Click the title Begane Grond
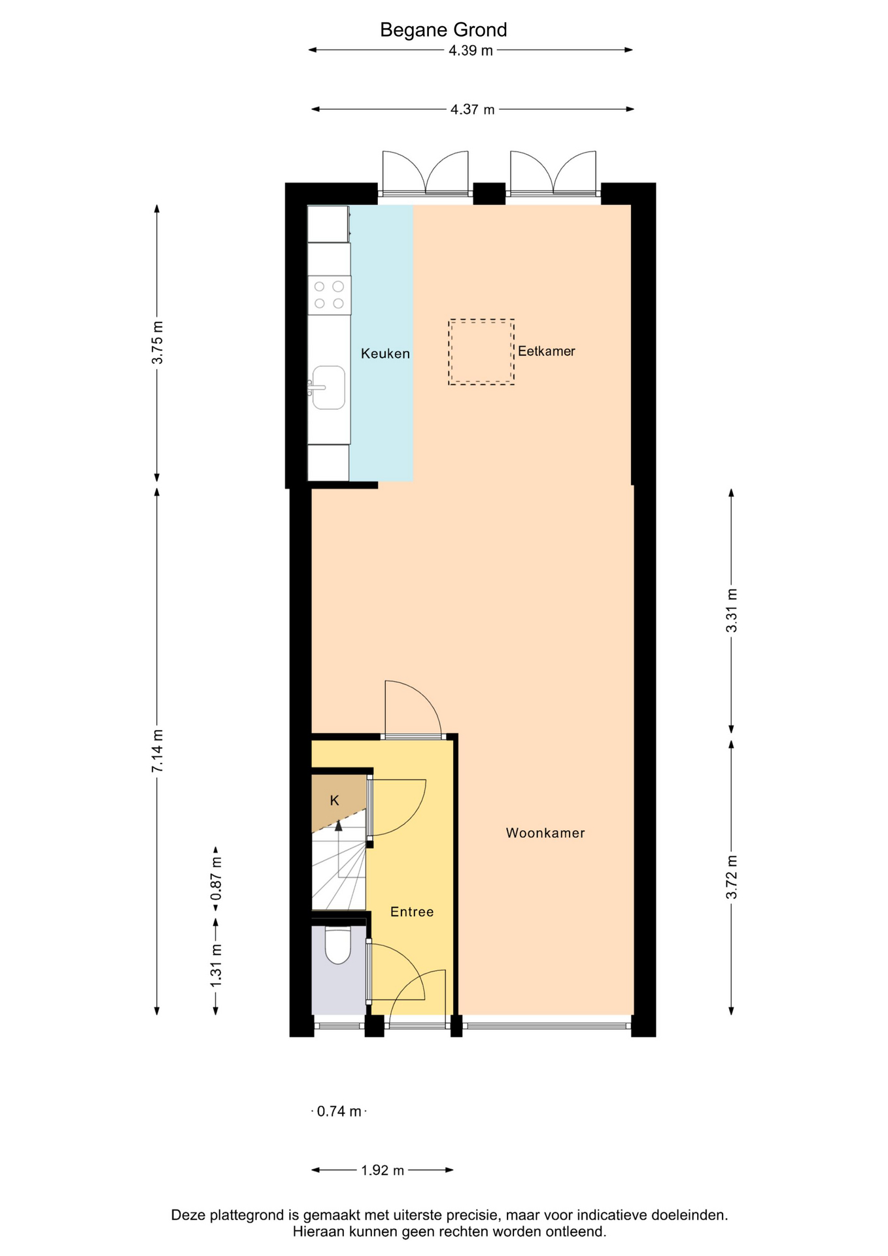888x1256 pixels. click(x=443, y=30)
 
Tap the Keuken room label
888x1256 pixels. click(x=385, y=354)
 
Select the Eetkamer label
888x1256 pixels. click(x=547, y=351)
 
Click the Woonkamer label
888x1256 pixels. click(x=545, y=833)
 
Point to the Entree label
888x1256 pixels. click(x=412, y=912)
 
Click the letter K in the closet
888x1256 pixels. click(x=334, y=801)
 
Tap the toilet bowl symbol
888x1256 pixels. click(x=338, y=946)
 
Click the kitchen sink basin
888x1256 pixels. click(x=328, y=387)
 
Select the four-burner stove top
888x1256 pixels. click(x=330, y=295)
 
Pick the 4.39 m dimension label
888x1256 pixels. click(x=471, y=50)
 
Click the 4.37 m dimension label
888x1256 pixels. click(x=472, y=110)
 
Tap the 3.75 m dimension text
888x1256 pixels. click(x=158, y=343)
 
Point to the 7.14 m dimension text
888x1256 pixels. click(x=158, y=750)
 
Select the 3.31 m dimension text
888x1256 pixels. click(x=732, y=610)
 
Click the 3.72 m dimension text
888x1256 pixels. click(x=732, y=877)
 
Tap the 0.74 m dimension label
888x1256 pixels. click(x=339, y=1111)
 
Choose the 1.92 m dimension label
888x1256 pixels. click(x=383, y=1170)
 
